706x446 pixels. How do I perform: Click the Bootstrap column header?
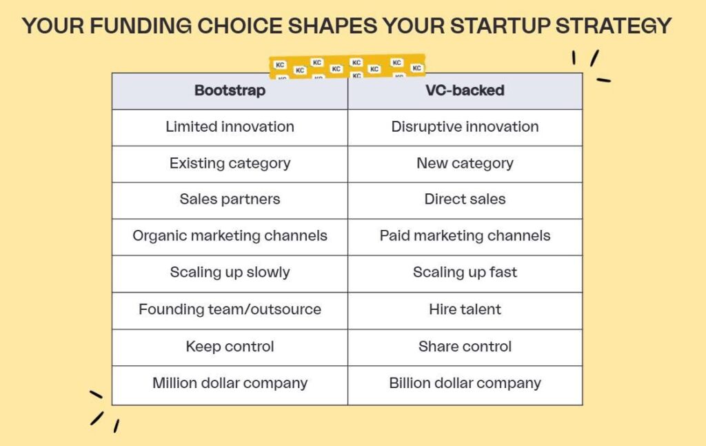[x=230, y=91]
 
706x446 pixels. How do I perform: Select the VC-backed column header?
[x=465, y=91]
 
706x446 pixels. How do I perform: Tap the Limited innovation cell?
[x=230, y=128]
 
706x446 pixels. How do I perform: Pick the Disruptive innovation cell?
[x=465, y=128]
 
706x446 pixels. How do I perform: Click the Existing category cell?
[x=230, y=164]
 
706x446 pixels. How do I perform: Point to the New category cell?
[x=465, y=164]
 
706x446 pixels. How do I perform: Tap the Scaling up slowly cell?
[x=230, y=273]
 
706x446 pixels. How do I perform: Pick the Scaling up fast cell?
[x=465, y=273]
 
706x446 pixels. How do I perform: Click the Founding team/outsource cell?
[x=230, y=311]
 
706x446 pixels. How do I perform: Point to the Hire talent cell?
[x=465, y=311]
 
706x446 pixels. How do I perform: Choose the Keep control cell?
[x=230, y=347]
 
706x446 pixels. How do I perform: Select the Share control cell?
[x=465, y=347]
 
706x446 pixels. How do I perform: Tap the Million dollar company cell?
[x=230, y=385]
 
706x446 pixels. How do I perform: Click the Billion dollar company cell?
[x=465, y=385]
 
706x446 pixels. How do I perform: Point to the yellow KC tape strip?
[x=347, y=66]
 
